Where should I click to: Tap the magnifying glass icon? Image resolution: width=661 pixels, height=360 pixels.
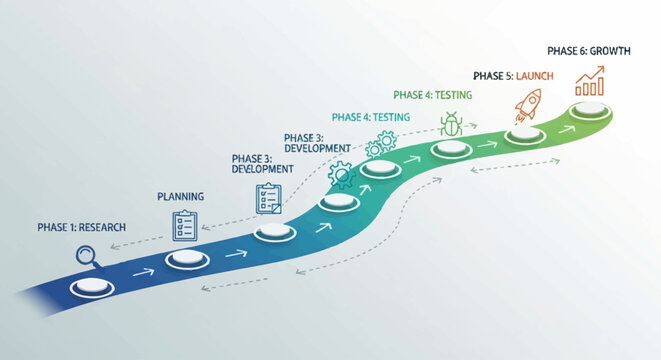[83, 258]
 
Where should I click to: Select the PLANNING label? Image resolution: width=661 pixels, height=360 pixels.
[181, 197]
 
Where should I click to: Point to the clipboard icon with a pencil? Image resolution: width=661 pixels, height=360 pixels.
[268, 196]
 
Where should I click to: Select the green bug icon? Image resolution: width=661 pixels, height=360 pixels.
[451, 125]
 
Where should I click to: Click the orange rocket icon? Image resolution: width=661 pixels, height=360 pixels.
[527, 102]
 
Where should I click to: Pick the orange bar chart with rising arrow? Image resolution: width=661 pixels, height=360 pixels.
[589, 81]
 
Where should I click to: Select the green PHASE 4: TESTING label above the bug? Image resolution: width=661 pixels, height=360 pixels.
[433, 95]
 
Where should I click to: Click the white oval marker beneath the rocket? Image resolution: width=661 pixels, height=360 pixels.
[522, 135]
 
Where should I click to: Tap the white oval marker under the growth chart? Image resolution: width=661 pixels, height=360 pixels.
[590, 112]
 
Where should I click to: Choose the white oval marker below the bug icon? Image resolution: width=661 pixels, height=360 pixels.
[451, 150]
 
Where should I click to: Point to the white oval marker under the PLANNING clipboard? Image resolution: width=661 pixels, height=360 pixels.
[184, 259]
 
